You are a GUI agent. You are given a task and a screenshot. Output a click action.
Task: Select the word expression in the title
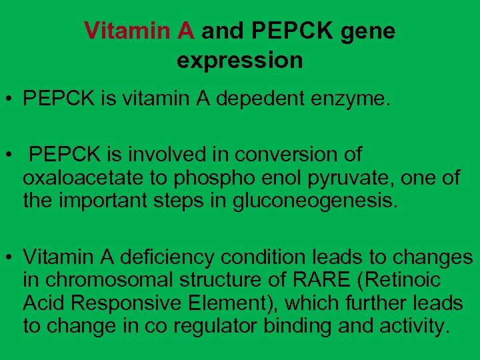pos(239,61)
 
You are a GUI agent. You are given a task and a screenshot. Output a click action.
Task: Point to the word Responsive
pos(126,303)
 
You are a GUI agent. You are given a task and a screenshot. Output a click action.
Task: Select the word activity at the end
pos(413,327)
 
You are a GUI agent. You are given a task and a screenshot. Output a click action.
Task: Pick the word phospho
pos(204,178)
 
